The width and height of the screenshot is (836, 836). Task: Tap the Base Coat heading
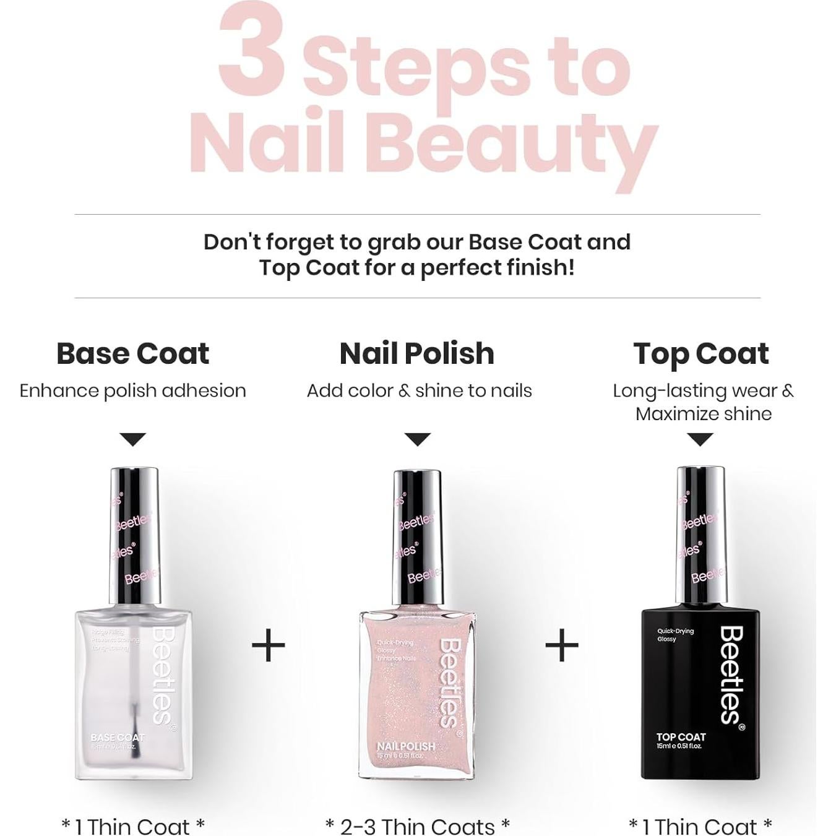132,354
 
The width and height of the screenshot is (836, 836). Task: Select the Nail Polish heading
417,354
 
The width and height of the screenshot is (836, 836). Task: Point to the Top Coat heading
700,354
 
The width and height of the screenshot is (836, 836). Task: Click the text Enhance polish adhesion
132,391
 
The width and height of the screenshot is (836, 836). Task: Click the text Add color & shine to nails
419,391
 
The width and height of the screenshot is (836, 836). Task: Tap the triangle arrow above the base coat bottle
132,439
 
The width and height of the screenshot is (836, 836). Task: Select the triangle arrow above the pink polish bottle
417,439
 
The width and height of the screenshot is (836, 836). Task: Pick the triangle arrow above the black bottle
700,439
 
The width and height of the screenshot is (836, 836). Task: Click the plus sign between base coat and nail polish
268,645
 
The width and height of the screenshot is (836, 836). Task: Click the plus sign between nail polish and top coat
561,645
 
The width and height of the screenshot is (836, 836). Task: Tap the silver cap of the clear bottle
134,535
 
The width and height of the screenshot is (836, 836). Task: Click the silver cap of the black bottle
700,535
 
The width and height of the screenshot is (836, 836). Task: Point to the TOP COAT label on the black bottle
681,737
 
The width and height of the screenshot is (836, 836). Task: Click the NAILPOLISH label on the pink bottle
405,747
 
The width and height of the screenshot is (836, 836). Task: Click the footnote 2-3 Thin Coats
417,826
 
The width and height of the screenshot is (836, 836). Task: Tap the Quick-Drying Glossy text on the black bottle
675,635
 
